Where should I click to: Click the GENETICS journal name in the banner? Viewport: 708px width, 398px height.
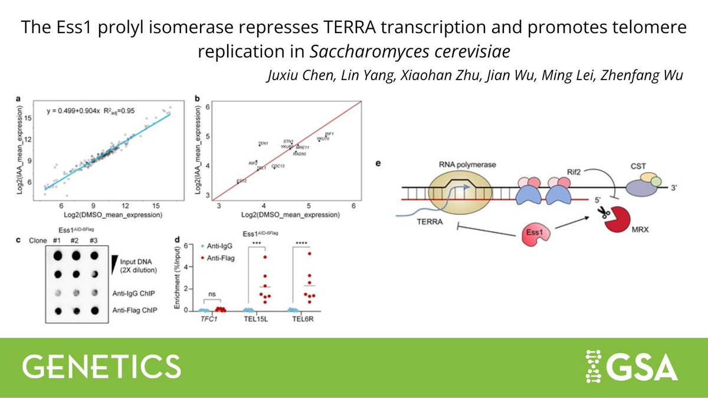[101, 366]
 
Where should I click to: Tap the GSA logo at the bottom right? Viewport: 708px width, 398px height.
[628, 366]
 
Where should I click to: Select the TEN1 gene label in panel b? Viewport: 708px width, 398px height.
[263, 143]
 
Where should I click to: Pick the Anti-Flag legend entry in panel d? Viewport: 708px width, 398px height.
[219, 258]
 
